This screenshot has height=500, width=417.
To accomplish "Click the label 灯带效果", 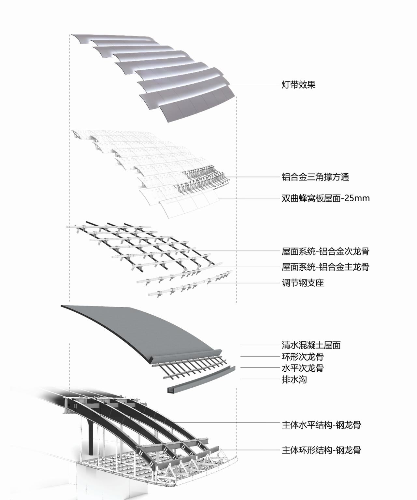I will (298, 85).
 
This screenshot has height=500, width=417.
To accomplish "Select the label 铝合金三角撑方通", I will (315, 177).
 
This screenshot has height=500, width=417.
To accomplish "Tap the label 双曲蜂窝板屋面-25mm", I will (325, 198).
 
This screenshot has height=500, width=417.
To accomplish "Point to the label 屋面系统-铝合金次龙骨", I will (325, 251).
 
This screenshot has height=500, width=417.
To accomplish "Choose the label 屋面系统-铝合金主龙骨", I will (325, 267).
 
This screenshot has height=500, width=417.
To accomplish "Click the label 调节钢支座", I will (303, 283).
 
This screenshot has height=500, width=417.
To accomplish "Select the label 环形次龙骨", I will (303, 357).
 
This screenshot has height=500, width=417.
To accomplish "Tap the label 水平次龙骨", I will (303, 368).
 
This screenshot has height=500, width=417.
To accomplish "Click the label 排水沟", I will (294, 379).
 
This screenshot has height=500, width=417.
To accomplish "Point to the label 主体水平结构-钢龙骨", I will (321, 425).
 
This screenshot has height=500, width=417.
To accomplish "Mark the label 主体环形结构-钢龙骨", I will (321, 450).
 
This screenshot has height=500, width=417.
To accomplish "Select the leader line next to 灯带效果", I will (254, 85).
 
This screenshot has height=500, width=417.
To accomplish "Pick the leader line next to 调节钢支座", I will (244, 283).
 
